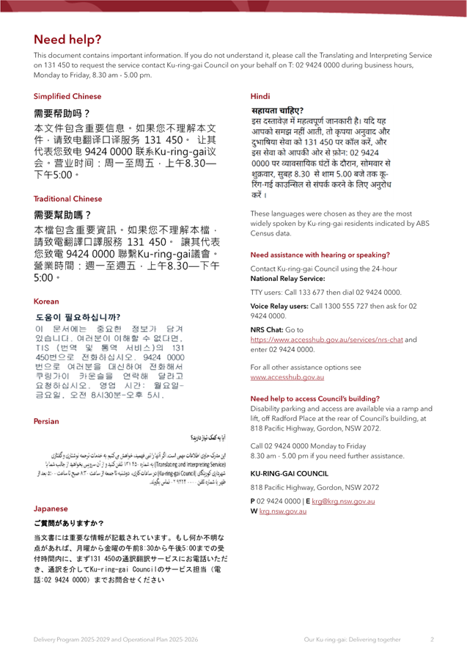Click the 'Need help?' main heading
[x=67, y=40]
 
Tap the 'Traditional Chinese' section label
[x=67, y=199]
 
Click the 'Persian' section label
[x=46, y=422]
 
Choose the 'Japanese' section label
[x=51, y=509]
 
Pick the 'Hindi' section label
[x=260, y=97]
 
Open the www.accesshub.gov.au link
[x=287, y=376]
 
